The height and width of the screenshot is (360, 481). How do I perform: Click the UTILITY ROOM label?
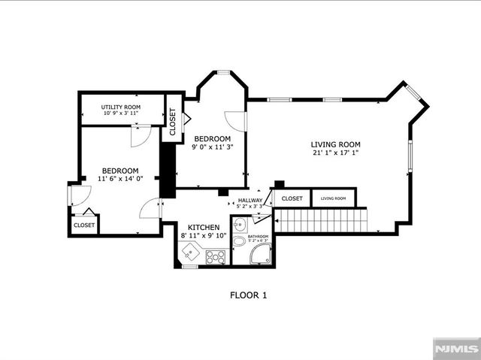[122, 107]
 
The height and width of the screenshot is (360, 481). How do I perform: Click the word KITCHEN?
[203, 227]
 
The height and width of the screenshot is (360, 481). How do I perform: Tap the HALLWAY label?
[250, 201]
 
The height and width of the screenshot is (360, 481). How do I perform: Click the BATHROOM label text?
[258, 236]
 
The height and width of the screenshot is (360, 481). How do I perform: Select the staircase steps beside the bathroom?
[322, 221]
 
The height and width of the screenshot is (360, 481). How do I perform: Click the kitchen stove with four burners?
[216, 257]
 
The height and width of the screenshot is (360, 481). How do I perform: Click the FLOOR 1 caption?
[248, 295]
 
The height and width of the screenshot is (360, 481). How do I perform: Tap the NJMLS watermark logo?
[455, 349]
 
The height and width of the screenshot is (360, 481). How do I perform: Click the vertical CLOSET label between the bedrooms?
[172, 121]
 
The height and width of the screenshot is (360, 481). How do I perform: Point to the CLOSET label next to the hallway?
[292, 199]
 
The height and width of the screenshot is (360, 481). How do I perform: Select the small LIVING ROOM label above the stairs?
[333, 198]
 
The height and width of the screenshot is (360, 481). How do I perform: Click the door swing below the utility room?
[140, 136]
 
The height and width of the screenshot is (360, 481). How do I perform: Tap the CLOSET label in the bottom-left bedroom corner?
[84, 225]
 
